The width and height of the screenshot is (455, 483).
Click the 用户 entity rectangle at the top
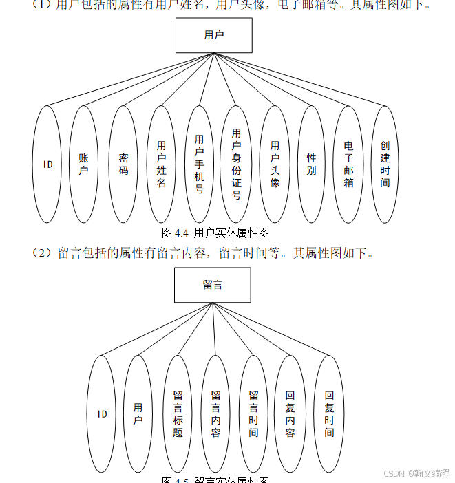tap(213, 35)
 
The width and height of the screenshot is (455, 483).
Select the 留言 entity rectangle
tap(212, 285)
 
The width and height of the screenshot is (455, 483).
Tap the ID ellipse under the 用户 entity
tap(47, 164)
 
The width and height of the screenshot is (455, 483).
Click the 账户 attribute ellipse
tap(84, 164)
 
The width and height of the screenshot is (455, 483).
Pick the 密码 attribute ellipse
tap(123, 164)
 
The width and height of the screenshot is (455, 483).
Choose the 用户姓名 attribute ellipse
tap(161, 164)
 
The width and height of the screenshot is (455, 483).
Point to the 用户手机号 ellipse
tap(199, 164)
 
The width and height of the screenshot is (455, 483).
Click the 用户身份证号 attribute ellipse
tap(236, 164)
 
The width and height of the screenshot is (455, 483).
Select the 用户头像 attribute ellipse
tap(275, 164)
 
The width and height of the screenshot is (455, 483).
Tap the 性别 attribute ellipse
tap(311, 164)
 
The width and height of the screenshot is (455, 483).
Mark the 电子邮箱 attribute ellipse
tap(349, 164)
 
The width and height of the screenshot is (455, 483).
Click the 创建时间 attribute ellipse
tap(385, 164)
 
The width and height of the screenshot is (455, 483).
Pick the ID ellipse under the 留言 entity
tap(102, 414)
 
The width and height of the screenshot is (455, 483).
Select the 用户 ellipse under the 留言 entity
tap(138, 414)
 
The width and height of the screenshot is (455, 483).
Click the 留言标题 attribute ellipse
tap(178, 414)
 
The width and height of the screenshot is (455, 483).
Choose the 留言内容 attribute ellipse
tap(215, 414)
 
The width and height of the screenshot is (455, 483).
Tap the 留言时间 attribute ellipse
tap(253, 414)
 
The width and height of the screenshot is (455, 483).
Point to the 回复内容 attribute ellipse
tap(290, 414)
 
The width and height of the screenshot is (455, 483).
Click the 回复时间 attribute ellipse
tap(329, 414)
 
